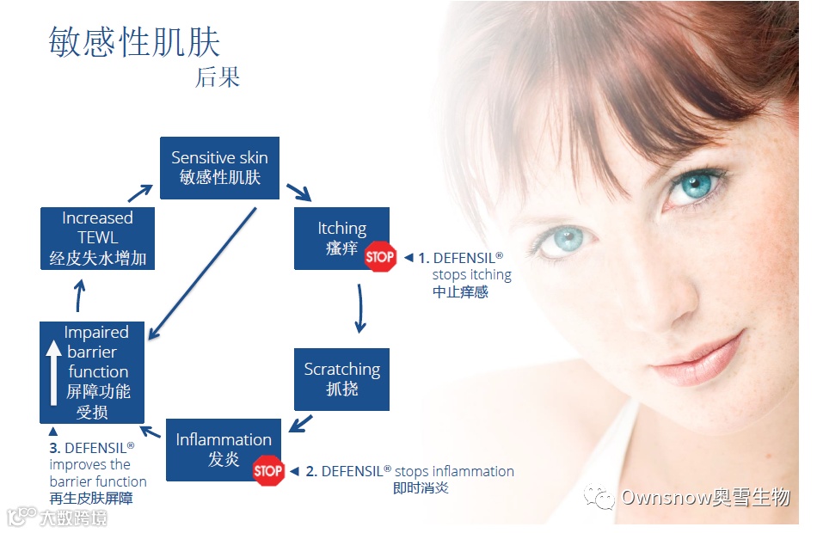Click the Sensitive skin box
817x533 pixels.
(219, 168)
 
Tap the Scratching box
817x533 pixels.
(341, 378)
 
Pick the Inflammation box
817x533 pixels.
(224, 449)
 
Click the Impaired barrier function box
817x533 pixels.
(92, 371)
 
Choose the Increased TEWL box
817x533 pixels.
(97, 238)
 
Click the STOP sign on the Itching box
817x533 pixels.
(379, 256)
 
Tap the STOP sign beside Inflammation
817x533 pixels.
(267, 470)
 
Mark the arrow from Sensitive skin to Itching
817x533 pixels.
(298, 191)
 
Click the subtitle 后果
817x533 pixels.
(217, 77)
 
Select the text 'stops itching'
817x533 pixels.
(471, 275)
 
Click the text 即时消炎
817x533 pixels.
(421, 488)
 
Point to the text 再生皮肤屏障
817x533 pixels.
(91, 499)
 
